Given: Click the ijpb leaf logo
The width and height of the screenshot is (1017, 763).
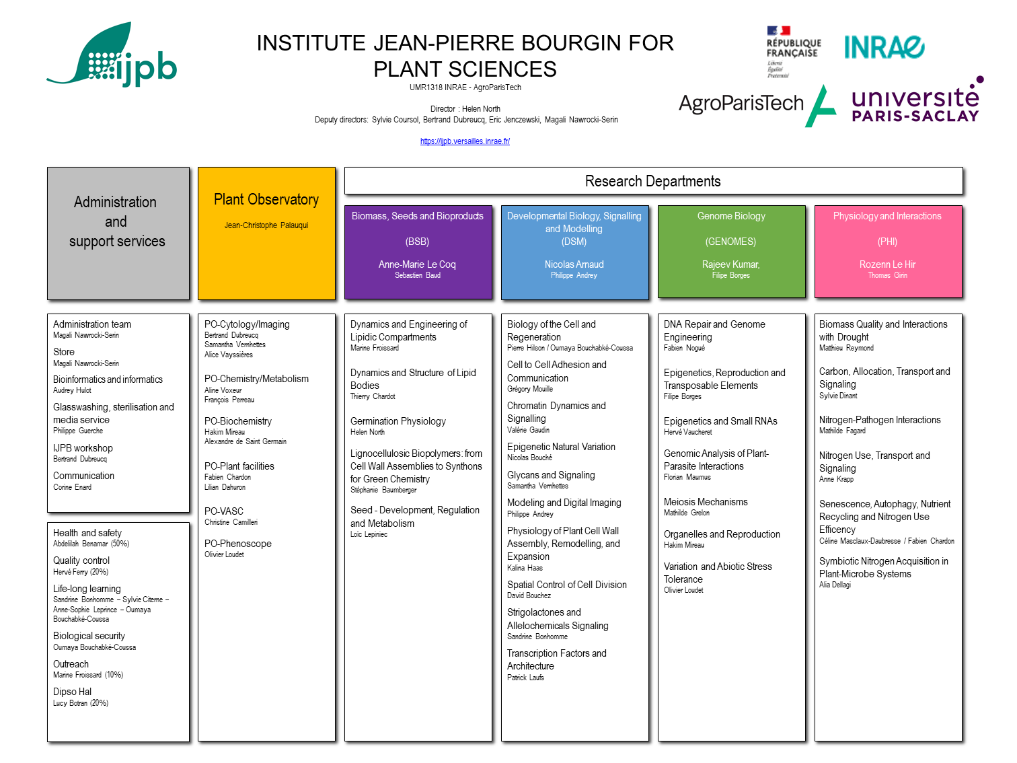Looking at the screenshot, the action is pos(111,54).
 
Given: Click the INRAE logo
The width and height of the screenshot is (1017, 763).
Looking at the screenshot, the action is pos(884,47).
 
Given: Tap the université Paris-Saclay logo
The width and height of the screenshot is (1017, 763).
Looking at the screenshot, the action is pos(917,100).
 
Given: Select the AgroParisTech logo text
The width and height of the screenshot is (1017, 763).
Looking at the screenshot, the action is pos(741,103).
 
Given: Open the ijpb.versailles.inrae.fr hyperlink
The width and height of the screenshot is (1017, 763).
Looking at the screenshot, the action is pos(465,141).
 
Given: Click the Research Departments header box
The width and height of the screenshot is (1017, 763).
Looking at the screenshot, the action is pos(653,181).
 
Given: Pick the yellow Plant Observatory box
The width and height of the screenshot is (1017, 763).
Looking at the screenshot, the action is pos(266,233).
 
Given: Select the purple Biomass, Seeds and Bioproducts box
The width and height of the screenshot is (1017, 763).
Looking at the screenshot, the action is pos(418,252).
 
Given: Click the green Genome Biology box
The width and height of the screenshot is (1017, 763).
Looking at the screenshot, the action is pos(731,251).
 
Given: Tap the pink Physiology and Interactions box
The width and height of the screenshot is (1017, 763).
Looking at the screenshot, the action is pos(888,251).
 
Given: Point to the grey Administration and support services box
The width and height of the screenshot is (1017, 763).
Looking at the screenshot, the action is pos(118,233).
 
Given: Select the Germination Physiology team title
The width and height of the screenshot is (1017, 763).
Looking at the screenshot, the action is pos(398,421).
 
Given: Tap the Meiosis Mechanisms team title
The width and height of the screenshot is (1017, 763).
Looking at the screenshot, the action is pos(705,502).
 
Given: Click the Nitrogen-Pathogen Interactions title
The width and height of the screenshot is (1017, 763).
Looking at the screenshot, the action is pos(879,420).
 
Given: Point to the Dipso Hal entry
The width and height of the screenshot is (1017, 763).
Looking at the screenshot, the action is pos(72,691).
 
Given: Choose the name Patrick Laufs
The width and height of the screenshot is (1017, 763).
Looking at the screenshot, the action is pos(525,678).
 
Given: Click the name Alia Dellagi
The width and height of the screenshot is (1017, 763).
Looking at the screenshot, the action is pos(835,585).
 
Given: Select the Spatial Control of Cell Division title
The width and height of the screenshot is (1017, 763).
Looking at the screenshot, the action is pos(566,585).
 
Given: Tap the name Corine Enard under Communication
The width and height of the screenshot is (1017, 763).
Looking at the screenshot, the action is pos(72,487).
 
